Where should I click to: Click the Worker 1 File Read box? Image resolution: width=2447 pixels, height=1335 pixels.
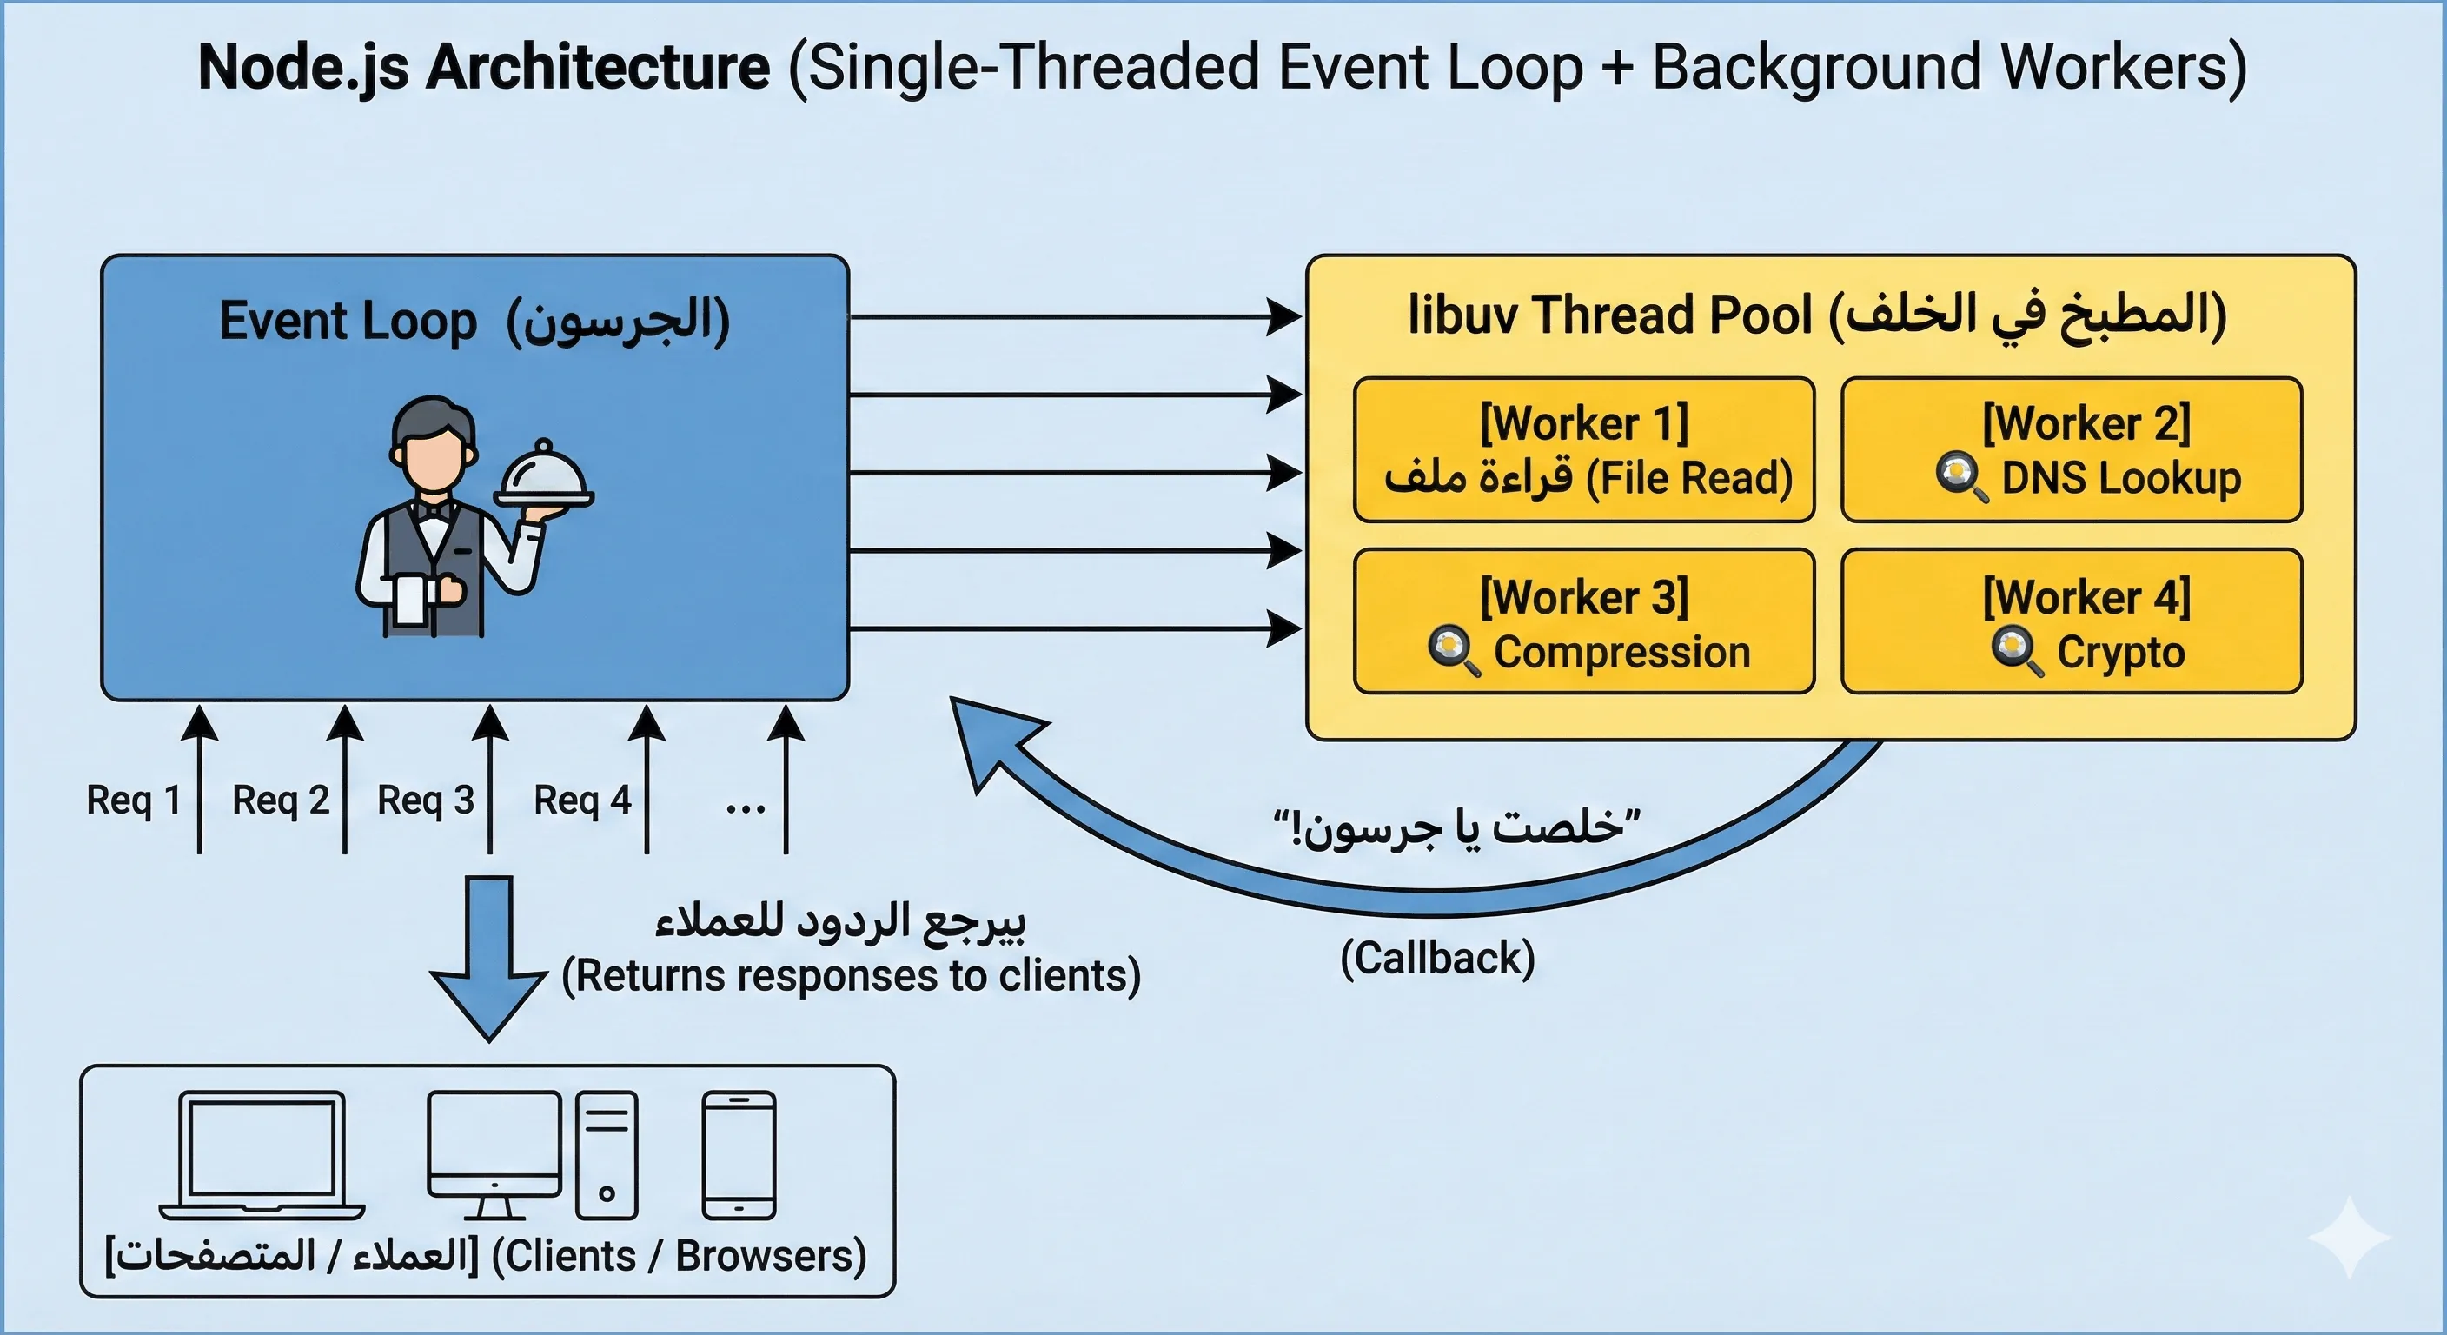coord(1583,449)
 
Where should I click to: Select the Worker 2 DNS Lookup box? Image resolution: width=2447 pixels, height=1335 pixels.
coord(2072,449)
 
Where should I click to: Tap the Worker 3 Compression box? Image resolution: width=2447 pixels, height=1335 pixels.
coord(1583,621)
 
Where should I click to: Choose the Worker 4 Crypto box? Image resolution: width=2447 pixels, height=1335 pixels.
coord(2072,621)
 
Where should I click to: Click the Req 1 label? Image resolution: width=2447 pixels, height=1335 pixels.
coord(133,800)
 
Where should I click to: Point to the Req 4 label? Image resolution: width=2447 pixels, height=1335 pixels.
coord(582,800)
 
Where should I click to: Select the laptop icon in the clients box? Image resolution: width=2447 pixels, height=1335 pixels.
coord(262,1154)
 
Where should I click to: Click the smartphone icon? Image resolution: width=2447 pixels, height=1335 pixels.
coord(739,1154)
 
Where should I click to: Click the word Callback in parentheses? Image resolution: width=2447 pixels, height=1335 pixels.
coord(1437,958)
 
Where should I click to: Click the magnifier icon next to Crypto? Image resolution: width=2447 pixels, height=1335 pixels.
coord(2017,652)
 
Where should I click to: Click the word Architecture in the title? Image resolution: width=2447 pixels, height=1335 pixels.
coord(598,69)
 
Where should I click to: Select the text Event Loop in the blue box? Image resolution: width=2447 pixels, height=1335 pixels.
coord(348,322)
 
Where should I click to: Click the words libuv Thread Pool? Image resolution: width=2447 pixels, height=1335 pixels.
coord(1610,315)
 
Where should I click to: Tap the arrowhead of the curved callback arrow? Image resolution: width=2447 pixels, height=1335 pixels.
coord(988,736)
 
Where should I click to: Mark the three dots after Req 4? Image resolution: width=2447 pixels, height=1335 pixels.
coord(745,809)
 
